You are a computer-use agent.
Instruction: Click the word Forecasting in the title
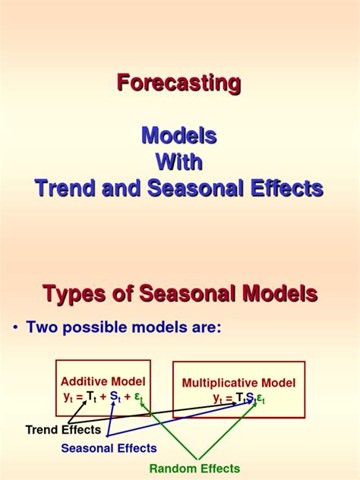pos(179,83)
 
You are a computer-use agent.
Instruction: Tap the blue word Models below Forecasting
pos(179,136)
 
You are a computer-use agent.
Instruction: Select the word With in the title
pos(179,162)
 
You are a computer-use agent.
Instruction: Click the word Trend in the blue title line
pos(65,188)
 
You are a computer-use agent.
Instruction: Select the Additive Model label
pos(103,381)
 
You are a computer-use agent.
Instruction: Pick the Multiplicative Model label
pos(238,384)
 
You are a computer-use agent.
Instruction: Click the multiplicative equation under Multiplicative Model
pos(238,398)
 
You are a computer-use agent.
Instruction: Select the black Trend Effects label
pos(63,430)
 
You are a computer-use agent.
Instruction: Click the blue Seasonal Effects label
pos(109,448)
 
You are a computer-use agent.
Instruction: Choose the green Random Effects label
pos(194,469)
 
